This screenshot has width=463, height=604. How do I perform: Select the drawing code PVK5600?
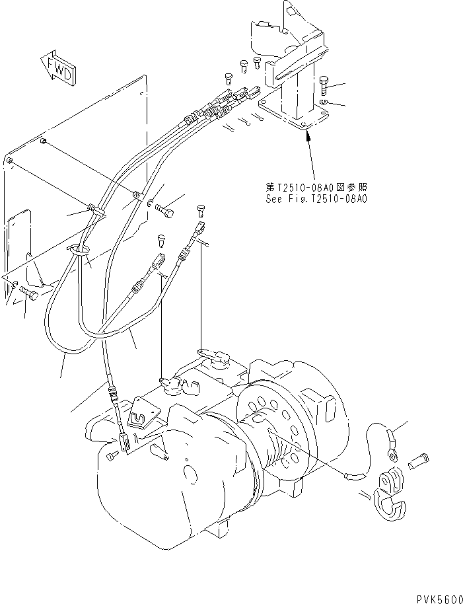point(438,597)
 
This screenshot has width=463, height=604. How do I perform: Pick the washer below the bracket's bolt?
point(322,103)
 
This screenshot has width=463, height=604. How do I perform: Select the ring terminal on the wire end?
point(393,454)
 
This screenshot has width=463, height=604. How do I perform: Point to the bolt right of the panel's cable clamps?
point(166,209)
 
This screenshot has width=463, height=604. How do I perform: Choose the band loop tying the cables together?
point(78,250)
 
